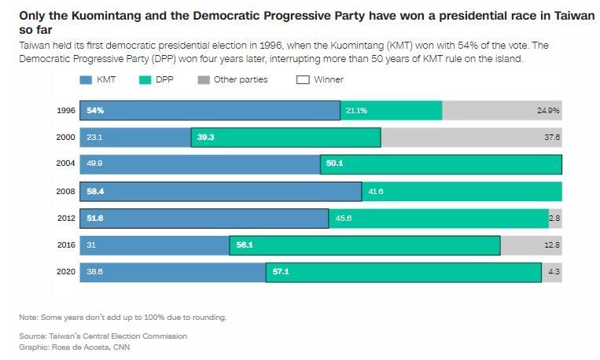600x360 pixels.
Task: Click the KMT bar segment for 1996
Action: tap(208, 111)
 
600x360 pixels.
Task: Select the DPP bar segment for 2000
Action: tap(285, 138)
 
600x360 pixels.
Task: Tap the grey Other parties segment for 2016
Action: tap(531, 245)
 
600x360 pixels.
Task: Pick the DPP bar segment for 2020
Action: tap(403, 272)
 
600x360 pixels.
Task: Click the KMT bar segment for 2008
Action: tap(219, 191)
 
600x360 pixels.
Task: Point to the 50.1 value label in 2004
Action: tap(334, 164)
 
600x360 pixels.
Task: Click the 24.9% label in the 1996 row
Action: tap(548, 111)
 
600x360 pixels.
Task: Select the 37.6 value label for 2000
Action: tap(552, 138)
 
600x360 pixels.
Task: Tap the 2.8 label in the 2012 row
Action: tap(554, 219)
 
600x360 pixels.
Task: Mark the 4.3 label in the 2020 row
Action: tap(554, 272)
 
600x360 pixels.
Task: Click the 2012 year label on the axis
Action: tap(66, 219)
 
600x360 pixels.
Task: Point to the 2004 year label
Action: tap(66, 164)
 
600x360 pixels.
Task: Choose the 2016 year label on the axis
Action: tap(66, 245)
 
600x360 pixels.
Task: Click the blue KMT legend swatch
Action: tap(86, 79)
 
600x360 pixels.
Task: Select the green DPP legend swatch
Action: tap(144, 79)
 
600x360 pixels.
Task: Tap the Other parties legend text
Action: tap(241, 79)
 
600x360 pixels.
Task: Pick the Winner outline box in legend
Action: tap(303, 79)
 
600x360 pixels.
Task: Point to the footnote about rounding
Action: tap(123, 318)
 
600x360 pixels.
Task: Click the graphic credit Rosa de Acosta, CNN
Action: tap(75, 347)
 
